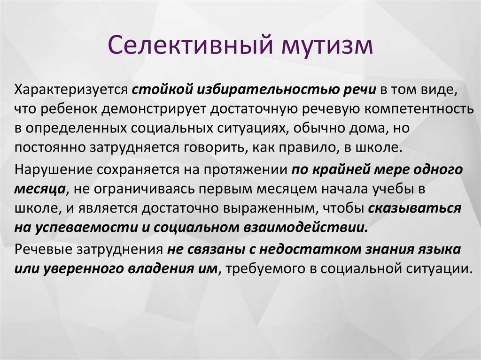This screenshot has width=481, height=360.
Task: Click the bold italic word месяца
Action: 40,190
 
